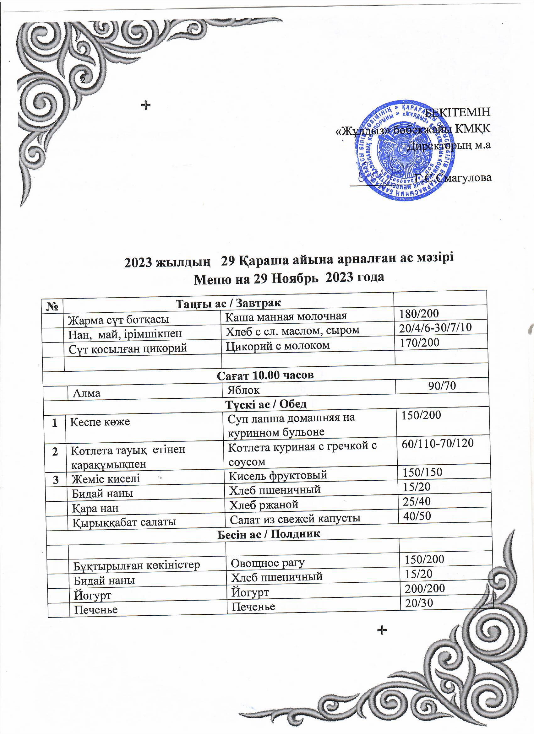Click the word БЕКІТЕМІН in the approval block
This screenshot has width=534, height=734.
[458, 112]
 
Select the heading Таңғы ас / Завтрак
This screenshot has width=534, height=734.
[228, 303]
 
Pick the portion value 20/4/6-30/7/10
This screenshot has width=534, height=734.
[435, 327]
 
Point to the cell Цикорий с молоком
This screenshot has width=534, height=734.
[278, 345]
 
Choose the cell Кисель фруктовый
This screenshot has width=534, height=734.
[278, 475]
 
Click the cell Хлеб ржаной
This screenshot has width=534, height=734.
[264, 504]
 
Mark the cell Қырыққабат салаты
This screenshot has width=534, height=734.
[124, 522]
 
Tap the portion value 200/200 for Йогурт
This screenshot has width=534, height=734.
[425, 588]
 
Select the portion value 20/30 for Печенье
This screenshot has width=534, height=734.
[419, 602]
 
